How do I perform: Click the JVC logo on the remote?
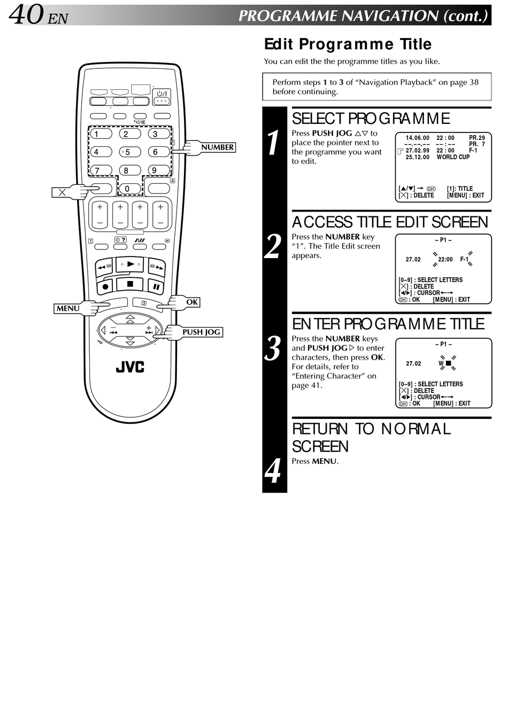[130, 367]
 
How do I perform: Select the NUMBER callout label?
[217, 147]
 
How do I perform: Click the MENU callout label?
[68, 308]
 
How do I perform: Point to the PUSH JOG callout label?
[201, 332]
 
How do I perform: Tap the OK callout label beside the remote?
[192, 302]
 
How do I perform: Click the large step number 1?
[274, 143]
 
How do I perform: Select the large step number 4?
[274, 470]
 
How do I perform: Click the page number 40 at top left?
[26, 14]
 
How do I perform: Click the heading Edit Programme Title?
[348, 44]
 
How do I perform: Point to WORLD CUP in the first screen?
[453, 157]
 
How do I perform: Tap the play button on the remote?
[130, 264]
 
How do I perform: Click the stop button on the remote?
[130, 284]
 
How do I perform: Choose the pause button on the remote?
[156, 287]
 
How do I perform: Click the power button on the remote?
[161, 96]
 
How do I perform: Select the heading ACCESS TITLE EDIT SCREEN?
[390, 222]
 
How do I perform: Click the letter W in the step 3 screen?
[441, 363]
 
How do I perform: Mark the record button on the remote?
[105, 287]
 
